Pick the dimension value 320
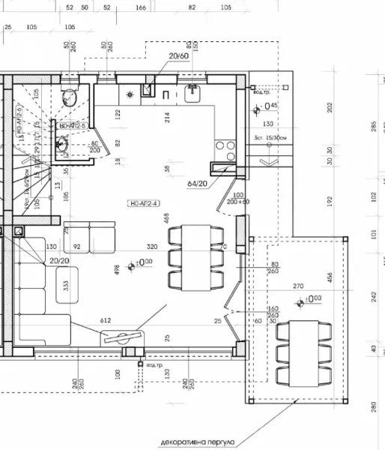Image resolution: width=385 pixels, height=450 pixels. click(151, 246)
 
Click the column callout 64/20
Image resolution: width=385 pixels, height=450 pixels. click(198, 181)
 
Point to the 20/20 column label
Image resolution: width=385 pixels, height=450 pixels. click(60, 260)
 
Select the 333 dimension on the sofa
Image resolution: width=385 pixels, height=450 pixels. click(67, 285)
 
